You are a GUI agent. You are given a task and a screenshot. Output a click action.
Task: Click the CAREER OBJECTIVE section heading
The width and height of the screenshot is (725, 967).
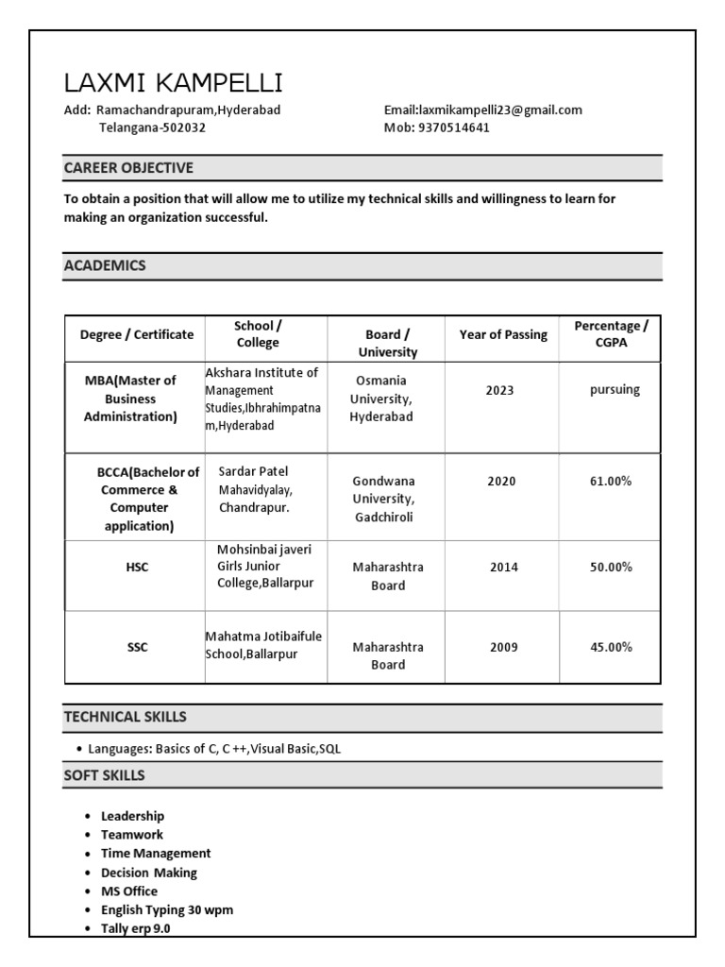click(x=128, y=168)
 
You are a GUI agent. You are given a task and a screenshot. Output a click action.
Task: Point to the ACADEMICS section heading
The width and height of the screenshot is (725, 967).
click(x=105, y=265)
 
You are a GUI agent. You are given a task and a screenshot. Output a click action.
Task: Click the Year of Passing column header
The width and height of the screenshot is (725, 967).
click(x=503, y=334)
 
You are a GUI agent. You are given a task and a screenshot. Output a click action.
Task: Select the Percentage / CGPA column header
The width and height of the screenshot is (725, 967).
click(x=611, y=334)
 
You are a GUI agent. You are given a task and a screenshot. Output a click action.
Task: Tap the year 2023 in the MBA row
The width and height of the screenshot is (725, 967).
click(x=500, y=389)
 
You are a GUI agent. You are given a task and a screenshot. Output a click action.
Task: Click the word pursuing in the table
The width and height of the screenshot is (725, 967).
click(x=615, y=389)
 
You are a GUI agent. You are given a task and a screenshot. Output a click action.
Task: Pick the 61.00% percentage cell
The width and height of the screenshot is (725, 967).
click(x=611, y=481)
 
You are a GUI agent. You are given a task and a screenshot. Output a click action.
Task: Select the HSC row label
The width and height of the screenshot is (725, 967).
click(x=137, y=567)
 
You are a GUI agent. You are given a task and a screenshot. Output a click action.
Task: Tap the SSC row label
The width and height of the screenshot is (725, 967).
click(x=137, y=647)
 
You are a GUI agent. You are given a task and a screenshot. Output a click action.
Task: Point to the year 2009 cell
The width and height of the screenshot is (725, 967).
click(x=503, y=647)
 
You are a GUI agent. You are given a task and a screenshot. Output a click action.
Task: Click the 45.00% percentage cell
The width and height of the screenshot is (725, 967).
click(x=611, y=647)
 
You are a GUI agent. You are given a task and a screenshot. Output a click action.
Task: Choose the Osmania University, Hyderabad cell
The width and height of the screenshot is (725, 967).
click(x=381, y=399)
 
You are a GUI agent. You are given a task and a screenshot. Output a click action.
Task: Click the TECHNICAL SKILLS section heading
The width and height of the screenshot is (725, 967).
click(x=125, y=717)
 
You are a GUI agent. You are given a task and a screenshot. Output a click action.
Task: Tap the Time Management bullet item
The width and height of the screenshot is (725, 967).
click(x=156, y=853)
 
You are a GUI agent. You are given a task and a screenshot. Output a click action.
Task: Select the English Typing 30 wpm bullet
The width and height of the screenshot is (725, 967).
click(x=167, y=909)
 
